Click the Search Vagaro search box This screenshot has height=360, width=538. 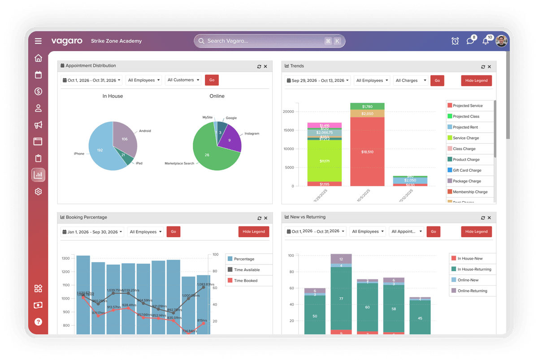[265, 41]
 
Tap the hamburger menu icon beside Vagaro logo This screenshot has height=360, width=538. [38, 41]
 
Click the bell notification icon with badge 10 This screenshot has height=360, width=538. [486, 41]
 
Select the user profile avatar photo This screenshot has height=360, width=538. [502, 41]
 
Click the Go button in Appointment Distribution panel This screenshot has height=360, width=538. [212, 80]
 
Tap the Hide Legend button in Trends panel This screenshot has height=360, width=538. [476, 81]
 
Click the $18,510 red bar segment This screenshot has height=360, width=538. [367, 152]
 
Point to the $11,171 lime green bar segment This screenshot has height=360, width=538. [325, 160]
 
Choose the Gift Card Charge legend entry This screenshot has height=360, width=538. [467, 170]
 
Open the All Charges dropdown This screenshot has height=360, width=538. [410, 81]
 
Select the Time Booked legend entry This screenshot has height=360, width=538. [245, 281]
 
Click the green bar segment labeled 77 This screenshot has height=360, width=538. [341, 298]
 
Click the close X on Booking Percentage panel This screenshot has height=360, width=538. [265, 218]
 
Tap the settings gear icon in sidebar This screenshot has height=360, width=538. [38, 192]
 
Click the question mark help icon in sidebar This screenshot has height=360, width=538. [38, 321]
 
